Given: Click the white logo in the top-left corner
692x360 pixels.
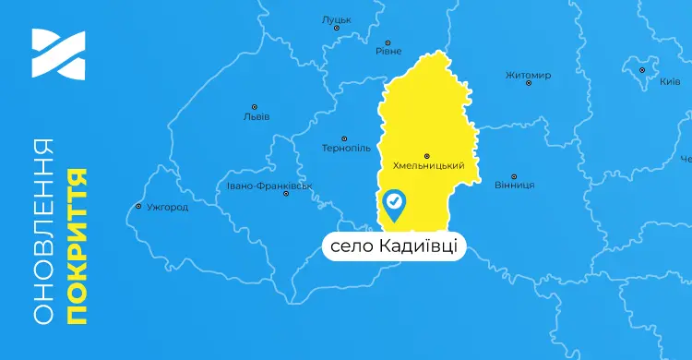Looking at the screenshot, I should [57, 54].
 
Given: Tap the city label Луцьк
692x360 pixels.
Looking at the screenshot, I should [336, 18].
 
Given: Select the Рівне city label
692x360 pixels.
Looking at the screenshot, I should [388, 52].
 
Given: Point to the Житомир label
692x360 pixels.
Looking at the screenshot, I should [528, 75].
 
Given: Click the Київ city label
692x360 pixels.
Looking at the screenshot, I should [670, 82].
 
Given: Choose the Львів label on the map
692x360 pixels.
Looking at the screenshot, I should [256, 117].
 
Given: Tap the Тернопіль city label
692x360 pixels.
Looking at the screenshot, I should [345, 148].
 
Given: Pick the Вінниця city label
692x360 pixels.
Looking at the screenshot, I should [514, 185].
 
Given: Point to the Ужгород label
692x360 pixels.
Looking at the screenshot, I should [167, 207].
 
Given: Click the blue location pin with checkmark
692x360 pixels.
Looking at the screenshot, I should [394, 205].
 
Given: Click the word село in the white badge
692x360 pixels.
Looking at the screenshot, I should [349, 246].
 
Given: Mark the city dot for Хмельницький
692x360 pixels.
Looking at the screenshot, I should [426, 155].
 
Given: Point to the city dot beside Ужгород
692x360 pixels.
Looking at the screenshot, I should [138, 207].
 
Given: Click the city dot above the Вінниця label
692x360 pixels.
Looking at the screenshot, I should [514, 174].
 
